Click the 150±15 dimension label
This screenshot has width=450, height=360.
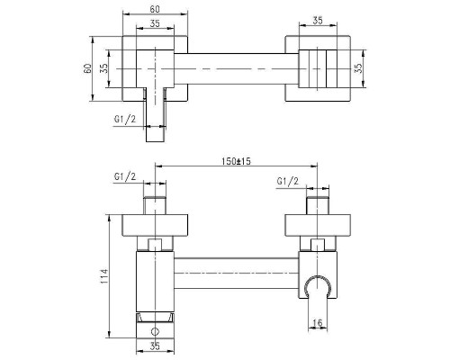coord(236,161)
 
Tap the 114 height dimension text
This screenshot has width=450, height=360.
coord(103,276)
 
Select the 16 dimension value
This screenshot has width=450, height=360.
coord(317,323)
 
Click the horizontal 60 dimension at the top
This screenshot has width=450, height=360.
coord(155,9)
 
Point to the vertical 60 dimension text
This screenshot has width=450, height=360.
coord(87,68)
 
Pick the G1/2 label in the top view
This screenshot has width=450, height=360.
coord(125,119)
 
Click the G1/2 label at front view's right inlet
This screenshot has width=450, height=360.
coord(288,181)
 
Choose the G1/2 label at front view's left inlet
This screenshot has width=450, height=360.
coord(125,176)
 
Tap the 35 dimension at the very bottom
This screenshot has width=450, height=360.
coord(155,346)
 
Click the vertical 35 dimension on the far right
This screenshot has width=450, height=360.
coord(358,68)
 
